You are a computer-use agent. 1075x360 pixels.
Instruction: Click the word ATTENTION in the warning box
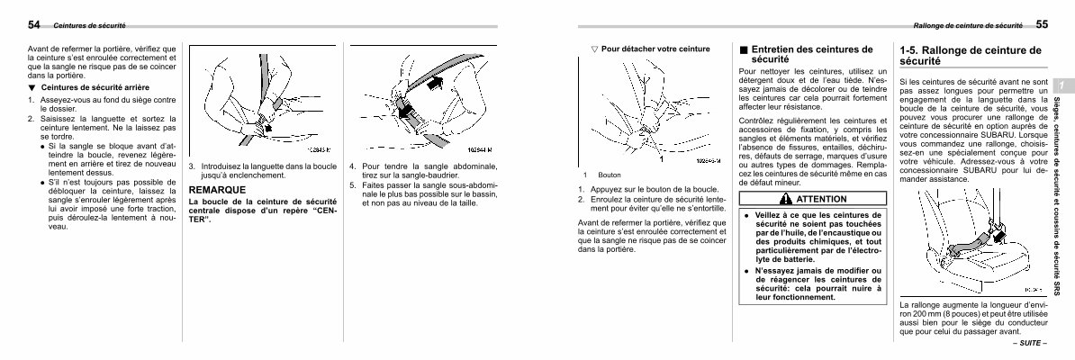point(821,199)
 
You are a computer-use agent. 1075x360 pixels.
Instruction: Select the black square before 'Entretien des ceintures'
point(743,50)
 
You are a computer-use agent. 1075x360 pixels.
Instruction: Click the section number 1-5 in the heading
point(913,50)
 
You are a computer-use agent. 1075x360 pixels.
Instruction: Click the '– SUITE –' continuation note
point(1030,344)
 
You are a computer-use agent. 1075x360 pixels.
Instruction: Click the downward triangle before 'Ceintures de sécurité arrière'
point(31,87)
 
